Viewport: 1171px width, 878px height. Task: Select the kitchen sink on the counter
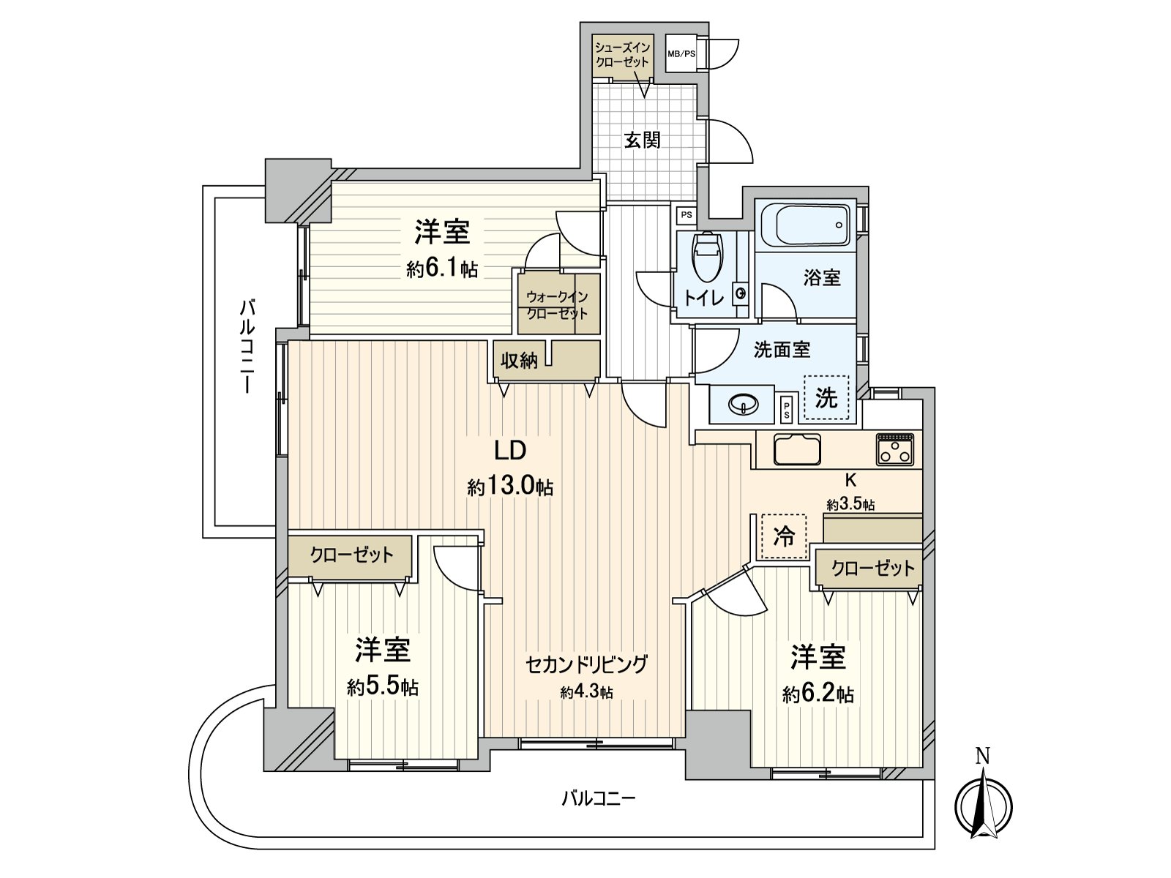click(797, 449)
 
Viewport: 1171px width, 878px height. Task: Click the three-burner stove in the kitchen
click(894, 449)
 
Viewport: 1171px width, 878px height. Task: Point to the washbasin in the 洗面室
click(743, 404)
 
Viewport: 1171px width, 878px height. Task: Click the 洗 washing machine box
click(826, 398)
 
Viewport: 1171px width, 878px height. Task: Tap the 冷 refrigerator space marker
click(784, 537)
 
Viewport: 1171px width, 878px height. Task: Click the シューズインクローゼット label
click(622, 55)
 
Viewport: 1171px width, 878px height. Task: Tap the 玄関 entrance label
click(643, 140)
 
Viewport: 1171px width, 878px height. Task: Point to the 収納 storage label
click(519, 360)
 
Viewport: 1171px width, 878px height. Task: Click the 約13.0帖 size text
click(510, 487)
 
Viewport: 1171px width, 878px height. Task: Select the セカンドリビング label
click(586, 664)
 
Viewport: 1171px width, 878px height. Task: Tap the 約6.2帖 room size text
click(818, 694)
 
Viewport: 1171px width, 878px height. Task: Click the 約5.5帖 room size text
click(383, 687)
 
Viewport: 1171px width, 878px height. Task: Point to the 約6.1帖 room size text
click(442, 269)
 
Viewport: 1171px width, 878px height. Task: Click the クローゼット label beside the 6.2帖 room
click(872, 568)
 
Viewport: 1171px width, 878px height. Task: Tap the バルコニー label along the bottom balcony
click(598, 798)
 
